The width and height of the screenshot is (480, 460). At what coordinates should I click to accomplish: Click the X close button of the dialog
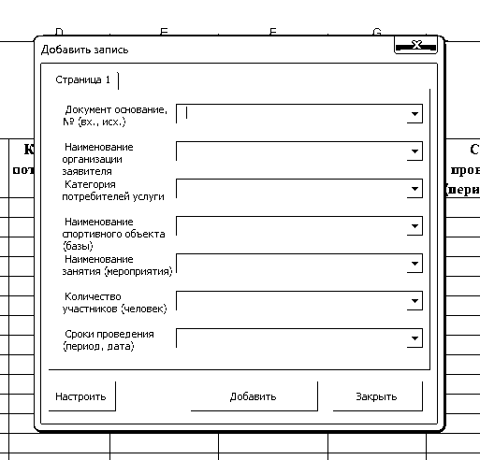[415, 46]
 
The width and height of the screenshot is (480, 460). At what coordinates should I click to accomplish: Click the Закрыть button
[378, 396]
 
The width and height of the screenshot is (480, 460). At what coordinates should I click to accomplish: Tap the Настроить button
[82, 396]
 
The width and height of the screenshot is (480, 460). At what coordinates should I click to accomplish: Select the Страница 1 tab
[83, 80]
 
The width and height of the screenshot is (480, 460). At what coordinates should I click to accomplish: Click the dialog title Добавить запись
[85, 50]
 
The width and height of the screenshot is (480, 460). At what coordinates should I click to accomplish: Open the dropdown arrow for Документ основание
[415, 114]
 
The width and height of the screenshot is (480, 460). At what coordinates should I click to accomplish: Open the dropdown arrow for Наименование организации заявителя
[415, 151]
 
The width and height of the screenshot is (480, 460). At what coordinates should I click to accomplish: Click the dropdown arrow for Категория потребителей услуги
[415, 189]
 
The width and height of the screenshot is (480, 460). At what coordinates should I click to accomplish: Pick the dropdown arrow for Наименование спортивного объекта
[415, 226]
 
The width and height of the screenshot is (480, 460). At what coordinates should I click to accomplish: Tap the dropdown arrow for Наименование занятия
[415, 264]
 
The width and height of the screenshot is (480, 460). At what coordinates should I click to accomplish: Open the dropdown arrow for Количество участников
[415, 301]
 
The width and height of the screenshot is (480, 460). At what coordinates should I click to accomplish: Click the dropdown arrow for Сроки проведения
[415, 338]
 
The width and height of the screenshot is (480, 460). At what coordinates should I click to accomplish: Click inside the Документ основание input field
[292, 114]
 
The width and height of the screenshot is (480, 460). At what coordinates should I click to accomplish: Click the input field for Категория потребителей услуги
[292, 189]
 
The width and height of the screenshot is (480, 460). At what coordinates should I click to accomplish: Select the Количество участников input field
[292, 301]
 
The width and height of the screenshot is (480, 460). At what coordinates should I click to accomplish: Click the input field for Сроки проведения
[292, 338]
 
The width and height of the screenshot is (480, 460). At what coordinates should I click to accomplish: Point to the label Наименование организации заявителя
[97, 159]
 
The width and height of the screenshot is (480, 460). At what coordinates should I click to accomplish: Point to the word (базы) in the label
[78, 246]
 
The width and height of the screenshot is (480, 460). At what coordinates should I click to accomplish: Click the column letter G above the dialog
[377, 32]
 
